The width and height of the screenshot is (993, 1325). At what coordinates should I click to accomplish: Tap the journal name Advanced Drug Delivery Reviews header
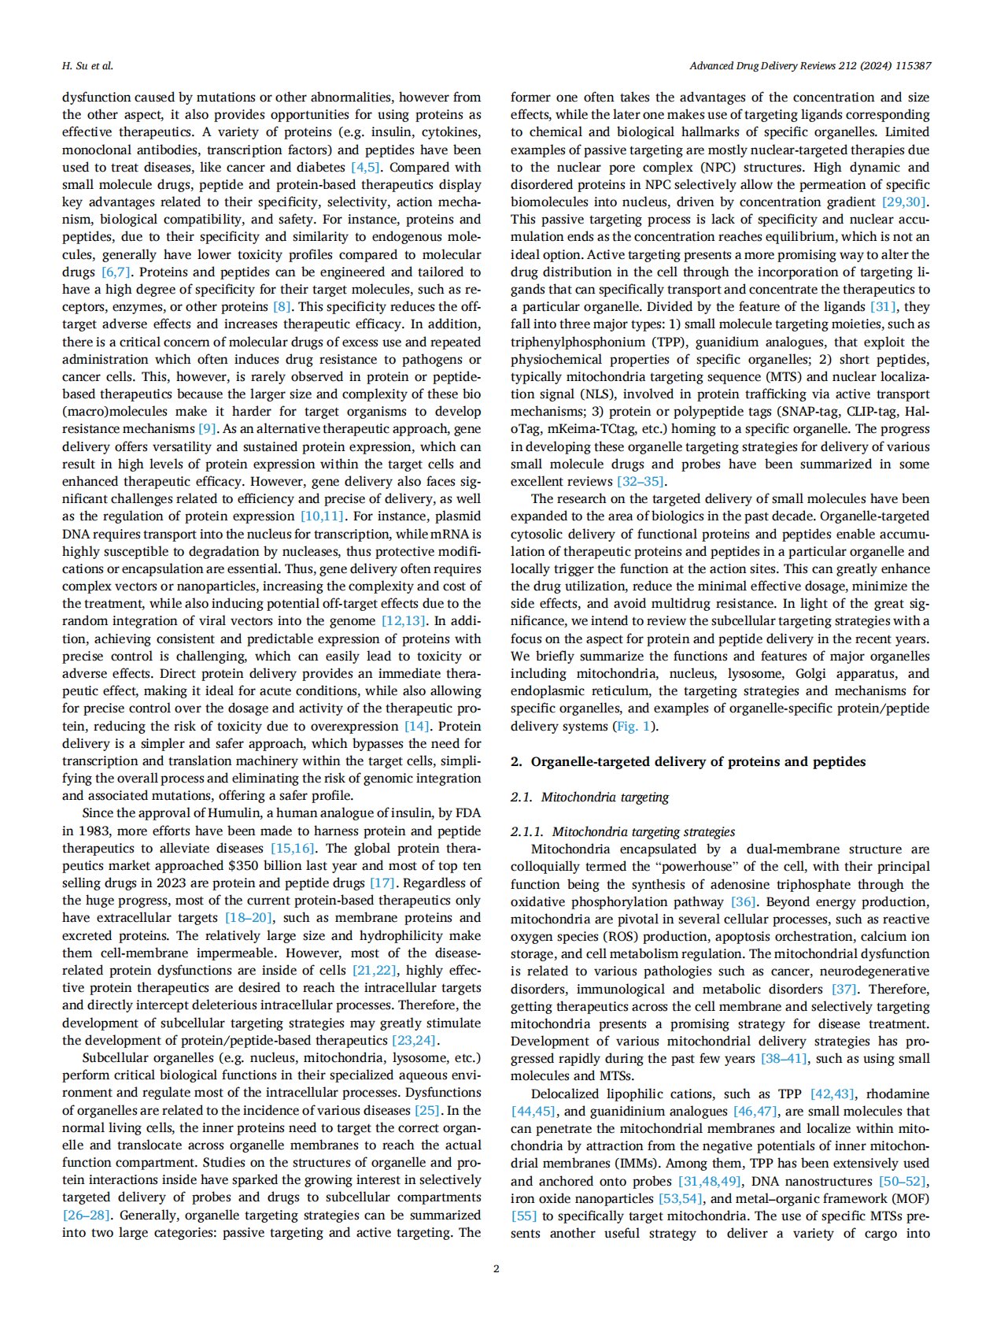[810, 65]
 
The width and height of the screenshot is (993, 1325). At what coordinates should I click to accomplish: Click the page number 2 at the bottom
[496, 1268]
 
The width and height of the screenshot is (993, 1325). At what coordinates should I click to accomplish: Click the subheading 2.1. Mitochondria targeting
[589, 797]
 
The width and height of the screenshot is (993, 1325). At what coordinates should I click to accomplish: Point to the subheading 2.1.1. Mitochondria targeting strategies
[622, 831]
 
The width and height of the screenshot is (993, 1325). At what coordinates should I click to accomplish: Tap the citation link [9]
[207, 429]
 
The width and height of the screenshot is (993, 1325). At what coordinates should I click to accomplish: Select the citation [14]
[417, 726]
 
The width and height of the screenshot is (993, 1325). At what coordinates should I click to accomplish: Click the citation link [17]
[382, 883]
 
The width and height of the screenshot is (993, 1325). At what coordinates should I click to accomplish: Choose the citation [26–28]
[86, 1215]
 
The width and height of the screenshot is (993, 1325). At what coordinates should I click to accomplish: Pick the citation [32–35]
[642, 481]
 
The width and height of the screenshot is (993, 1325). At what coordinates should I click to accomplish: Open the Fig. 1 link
[632, 726]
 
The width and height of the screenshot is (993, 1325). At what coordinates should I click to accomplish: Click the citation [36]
[744, 901]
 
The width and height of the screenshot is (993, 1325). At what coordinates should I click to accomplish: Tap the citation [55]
[523, 1216]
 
